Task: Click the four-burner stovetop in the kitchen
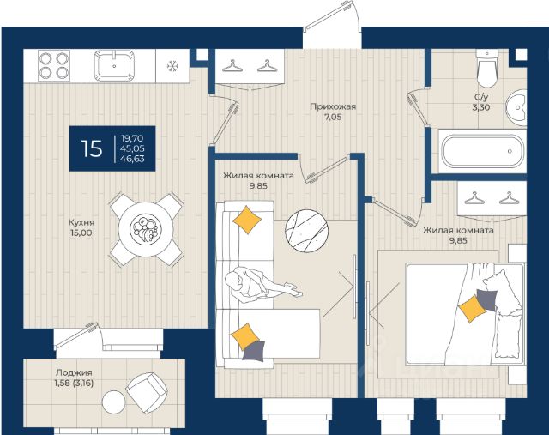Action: (x=54, y=65)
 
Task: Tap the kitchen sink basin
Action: (x=114, y=65)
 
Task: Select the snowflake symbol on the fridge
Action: (x=172, y=66)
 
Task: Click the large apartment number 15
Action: (x=92, y=148)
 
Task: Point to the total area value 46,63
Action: (x=132, y=159)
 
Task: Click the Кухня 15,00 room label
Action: (x=81, y=227)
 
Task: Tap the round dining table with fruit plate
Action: (x=146, y=229)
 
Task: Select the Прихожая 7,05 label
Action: (x=333, y=112)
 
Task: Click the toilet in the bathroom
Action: (x=487, y=69)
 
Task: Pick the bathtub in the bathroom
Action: (x=482, y=152)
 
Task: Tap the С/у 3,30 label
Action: (x=481, y=102)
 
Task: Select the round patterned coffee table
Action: (x=307, y=231)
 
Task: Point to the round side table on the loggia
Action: (x=114, y=402)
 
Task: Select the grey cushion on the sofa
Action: (x=254, y=351)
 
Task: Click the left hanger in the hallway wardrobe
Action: (x=232, y=65)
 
